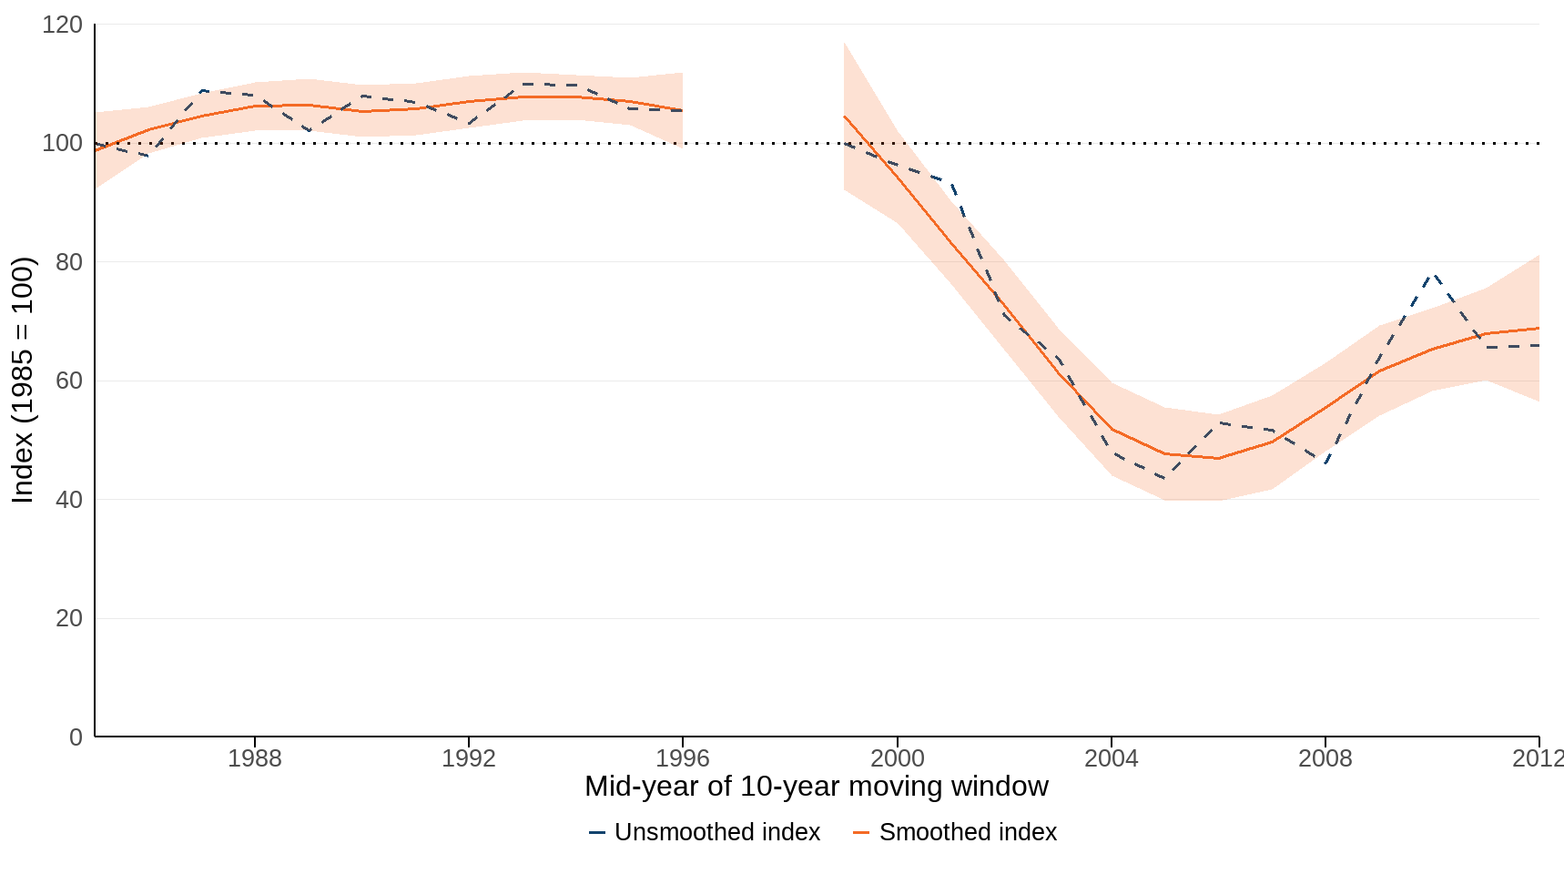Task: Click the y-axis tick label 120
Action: (62, 25)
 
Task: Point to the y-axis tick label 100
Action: (62, 143)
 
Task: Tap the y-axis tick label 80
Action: (68, 262)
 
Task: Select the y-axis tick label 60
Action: (68, 381)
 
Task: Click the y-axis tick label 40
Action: (68, 500)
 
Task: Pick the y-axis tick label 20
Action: (68, 618)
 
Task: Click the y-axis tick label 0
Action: (76, 737)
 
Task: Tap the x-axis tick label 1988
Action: (254, 758)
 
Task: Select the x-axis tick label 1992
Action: (468, 758)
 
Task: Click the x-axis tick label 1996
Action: (683, 758)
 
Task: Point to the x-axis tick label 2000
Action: (897, 758)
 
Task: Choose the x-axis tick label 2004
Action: (1111, 758)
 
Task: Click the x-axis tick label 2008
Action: (1325, 758)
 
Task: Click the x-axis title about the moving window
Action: (816, 786)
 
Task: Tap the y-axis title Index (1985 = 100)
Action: (22, 381)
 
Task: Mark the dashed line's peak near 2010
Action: (1433, 273)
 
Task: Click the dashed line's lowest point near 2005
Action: (1165, 478)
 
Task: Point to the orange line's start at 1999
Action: (845, 117)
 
